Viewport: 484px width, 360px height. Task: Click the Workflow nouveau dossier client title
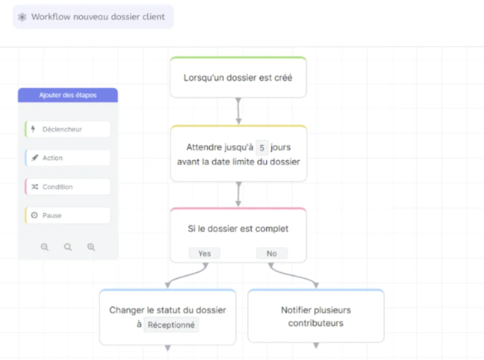98,16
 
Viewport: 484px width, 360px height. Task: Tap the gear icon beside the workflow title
22,17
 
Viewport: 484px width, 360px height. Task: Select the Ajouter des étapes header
68,95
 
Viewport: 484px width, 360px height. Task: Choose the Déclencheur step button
68,129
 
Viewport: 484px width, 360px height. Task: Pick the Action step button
68,158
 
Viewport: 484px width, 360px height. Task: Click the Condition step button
68,187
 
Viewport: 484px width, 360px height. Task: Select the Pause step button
68,215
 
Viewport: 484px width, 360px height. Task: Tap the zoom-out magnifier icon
45,247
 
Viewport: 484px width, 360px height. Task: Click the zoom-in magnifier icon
91,247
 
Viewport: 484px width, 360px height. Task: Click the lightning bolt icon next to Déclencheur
33,129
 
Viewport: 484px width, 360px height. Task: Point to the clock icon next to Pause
34,215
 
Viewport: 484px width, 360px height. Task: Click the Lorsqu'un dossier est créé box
238,77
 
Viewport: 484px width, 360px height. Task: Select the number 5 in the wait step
262,147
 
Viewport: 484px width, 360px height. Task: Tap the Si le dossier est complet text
238,229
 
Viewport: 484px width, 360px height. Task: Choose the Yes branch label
204,254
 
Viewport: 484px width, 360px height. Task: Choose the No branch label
272,254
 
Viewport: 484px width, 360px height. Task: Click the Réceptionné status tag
171,325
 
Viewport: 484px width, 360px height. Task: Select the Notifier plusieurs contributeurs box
316,316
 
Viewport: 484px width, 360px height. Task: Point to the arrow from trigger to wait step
238,111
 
